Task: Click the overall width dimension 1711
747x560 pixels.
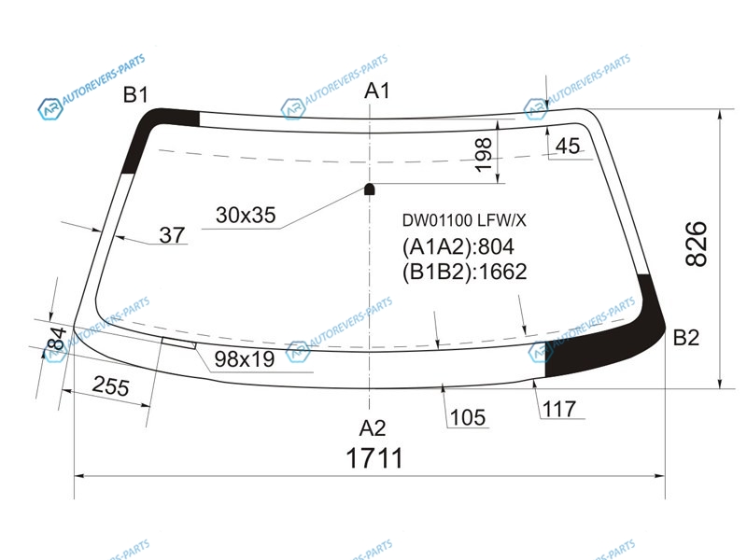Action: (374, 458)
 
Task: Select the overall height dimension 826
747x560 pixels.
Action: (696, 244)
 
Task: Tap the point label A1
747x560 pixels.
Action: (377, 91)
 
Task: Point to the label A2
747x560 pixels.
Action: (373, 428)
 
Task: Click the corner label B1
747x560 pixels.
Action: (135, 94)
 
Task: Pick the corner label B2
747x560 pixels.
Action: (686, 337)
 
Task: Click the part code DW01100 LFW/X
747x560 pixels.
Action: (464, 220)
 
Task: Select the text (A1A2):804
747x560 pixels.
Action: (458, 246)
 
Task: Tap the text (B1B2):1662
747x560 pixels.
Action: (464, 272)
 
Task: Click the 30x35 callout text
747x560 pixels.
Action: (246, 216)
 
